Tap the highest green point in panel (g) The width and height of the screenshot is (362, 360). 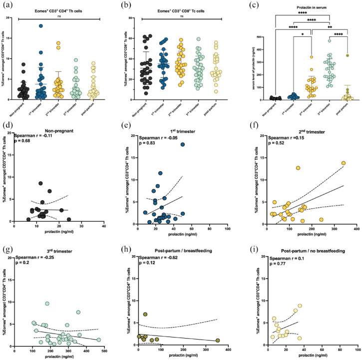point(47,304)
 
